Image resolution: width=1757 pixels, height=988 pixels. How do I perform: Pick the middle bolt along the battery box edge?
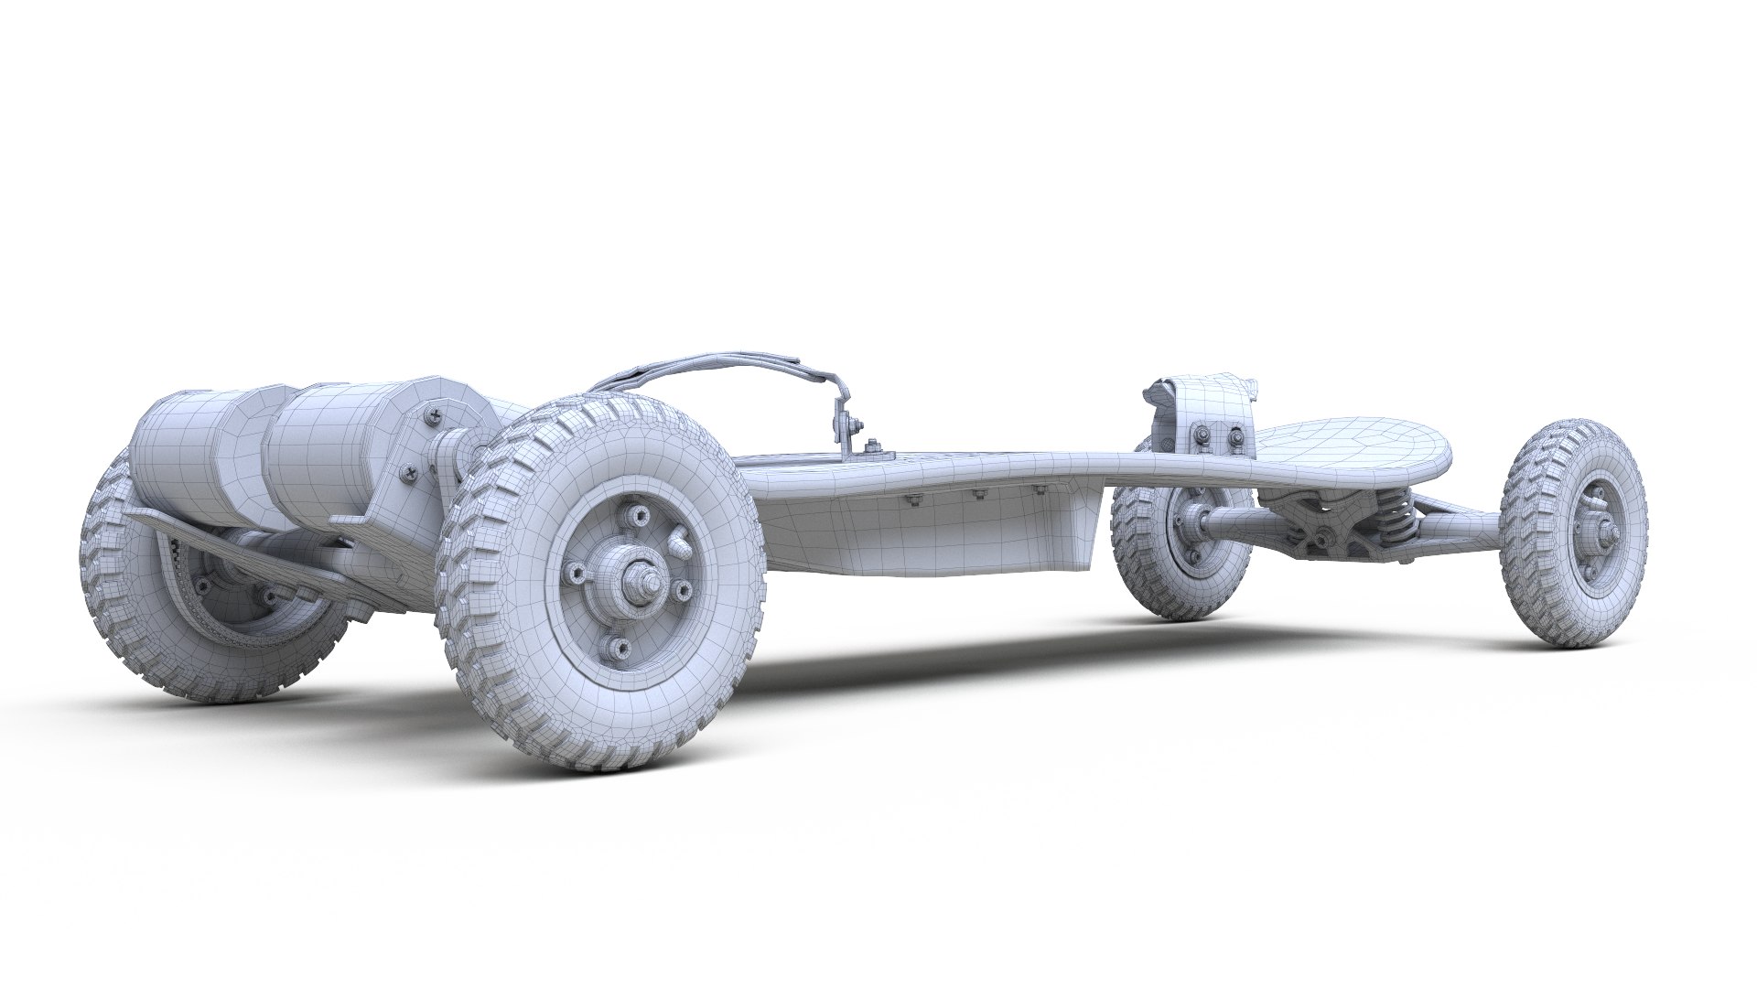979,495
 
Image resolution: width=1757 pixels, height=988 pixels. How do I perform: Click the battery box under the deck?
924,540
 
